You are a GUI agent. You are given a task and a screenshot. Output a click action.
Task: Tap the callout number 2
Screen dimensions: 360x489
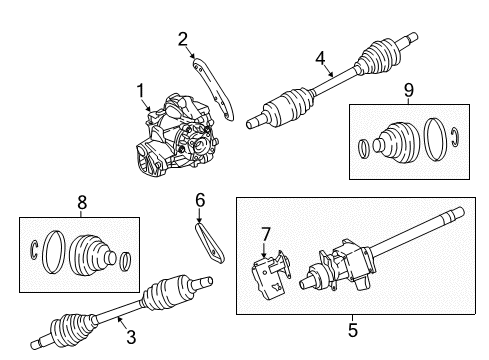(183, 40)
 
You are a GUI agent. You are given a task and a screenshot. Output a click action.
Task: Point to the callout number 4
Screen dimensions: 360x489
(321, 59)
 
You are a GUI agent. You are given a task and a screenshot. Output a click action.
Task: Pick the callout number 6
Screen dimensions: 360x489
(199, 201)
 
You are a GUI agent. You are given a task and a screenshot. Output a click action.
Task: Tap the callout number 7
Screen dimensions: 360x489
(267, 233)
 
